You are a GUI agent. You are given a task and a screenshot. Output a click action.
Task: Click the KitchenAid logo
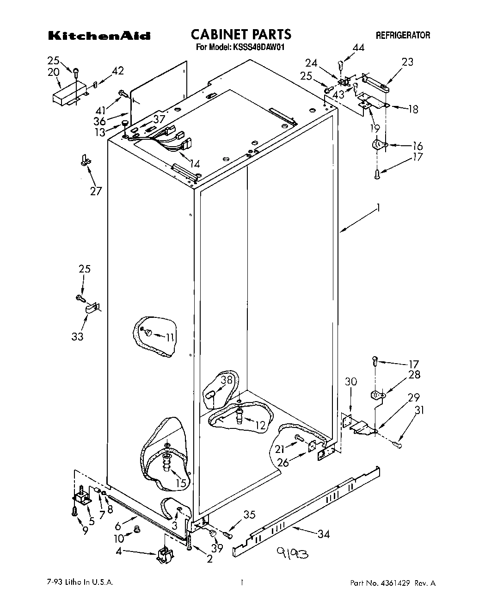click(99, 36)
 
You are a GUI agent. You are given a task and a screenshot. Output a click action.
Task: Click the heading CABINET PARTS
click(240, 34)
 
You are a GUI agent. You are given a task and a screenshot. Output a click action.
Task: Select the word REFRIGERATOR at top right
click(402, 35)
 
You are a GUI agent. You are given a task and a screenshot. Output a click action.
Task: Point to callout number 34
click(324, 534)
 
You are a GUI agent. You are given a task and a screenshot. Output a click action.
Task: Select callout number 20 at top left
click(54, 72)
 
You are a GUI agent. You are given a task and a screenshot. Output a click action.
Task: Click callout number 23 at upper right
click(407, 62)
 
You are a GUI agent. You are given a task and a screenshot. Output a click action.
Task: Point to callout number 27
click(96, 191)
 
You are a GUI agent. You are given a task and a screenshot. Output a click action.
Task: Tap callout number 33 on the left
click(77, 336)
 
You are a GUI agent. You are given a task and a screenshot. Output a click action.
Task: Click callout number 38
click(226, 380)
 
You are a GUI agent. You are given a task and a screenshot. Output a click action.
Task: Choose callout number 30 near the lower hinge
click(351, 382)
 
